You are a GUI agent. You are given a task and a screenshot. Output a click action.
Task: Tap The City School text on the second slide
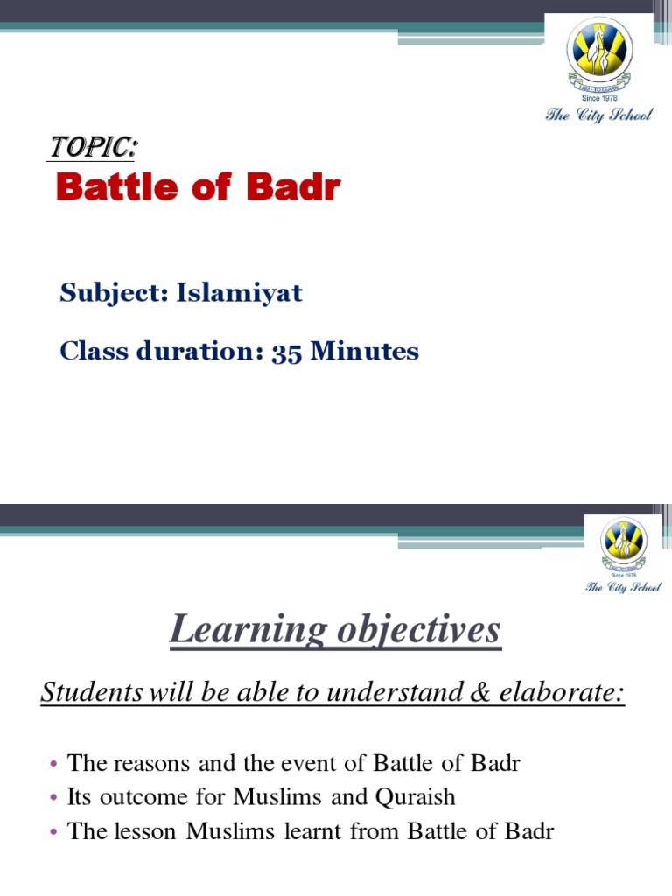click(x=623, y=587)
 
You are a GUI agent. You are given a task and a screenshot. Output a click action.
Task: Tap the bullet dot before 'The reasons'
click(x=55, y=764)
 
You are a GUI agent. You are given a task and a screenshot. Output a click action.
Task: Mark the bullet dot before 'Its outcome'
click(x=55, y=798)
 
